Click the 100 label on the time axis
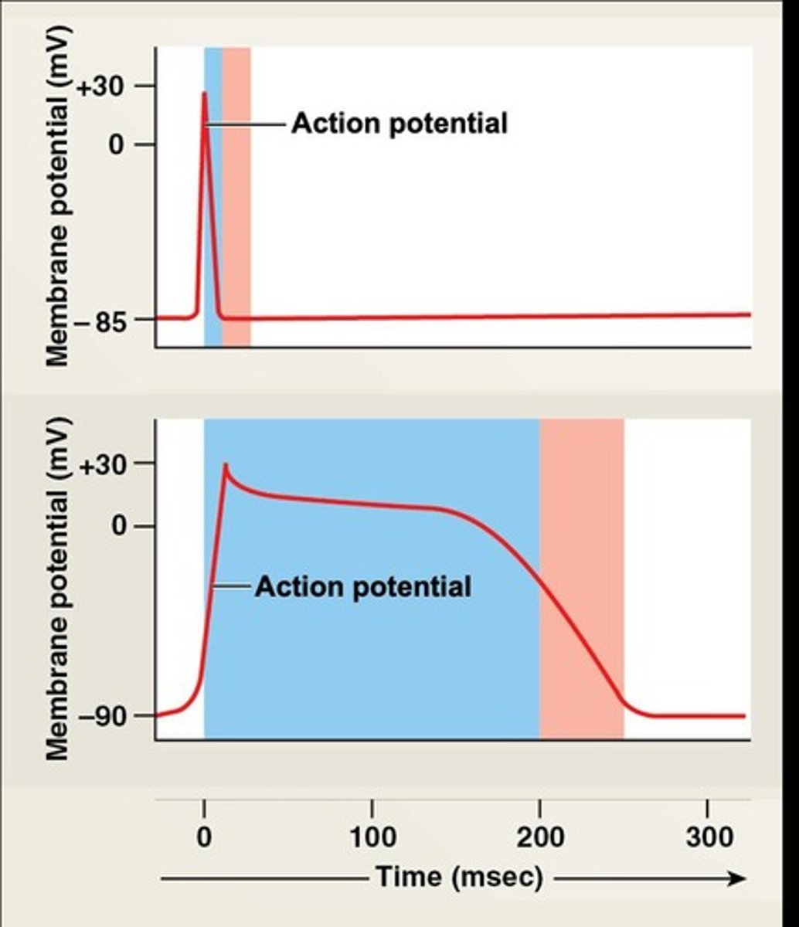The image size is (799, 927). tap(372, 837)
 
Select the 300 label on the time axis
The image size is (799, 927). tap(709, 837)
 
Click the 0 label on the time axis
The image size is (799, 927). tap(204, 837)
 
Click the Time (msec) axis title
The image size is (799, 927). tap(459, 878)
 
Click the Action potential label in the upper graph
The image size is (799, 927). tap(399, 124)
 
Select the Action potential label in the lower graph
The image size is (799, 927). tap(362, 587)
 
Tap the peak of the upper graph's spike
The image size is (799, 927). tap(205, 93)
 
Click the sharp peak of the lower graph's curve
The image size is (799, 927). tap(225, 465)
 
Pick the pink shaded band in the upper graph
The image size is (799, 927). tap(236, 193)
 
